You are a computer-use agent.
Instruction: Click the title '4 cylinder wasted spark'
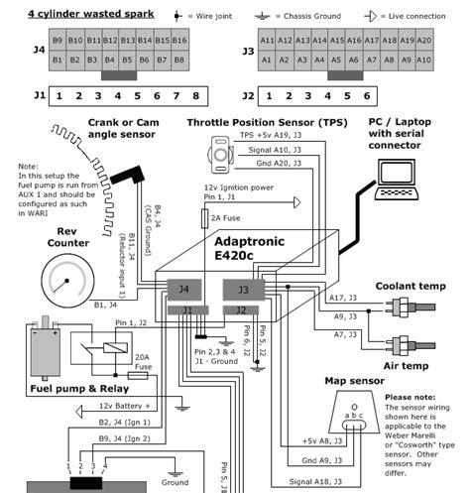[x=75, y=14]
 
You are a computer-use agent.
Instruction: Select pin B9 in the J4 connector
[x=59, y=40]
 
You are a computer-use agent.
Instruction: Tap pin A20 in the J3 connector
[x=423, y=40]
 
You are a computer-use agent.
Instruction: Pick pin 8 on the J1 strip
[x=196, y=97]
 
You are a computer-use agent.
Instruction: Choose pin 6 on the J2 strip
[x=366, y=97]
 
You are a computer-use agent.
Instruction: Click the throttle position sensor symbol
[x=216, y=151]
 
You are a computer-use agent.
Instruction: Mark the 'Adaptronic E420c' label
[x=261, y=248]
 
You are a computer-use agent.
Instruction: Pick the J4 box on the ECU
[x=183, y=290]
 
